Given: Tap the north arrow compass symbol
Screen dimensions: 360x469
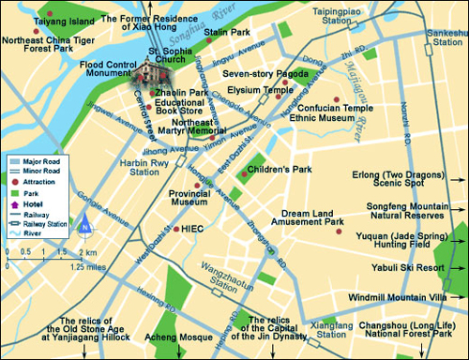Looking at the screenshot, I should [83, 224].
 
